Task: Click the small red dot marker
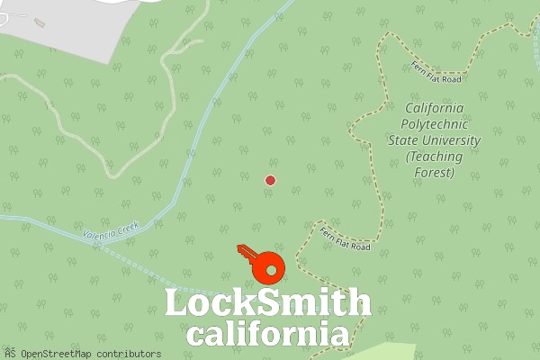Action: point(270,181)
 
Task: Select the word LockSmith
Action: point(267,303)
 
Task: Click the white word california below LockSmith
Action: point(267,335)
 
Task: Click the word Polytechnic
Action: point(435,124)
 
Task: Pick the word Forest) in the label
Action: point(435,173)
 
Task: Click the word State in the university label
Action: point(405,140)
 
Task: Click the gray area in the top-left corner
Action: point(63,27)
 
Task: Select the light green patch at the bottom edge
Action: point(378,352)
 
